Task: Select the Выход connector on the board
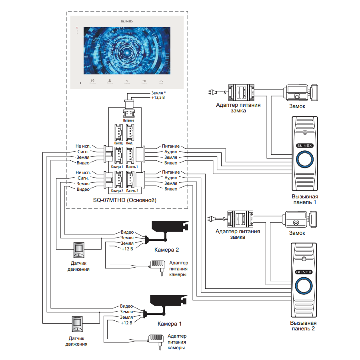pyautogui.click(x=118, y=132)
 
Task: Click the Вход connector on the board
pyautogui.click(x=130, y=132)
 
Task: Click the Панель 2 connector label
pyautogui.click(x=132, y=191)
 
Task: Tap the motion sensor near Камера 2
pyautogui.click(x=79, y=250)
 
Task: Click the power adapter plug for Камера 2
pyautogui.click(x=159, y=265)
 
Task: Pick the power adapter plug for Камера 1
pyautogui.click(x=157, y=340)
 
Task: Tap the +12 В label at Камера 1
pyautogui.click(x=127, y=322)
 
